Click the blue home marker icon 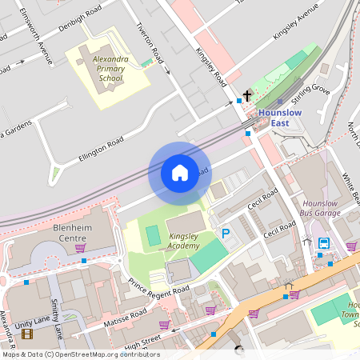180,173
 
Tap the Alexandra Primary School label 107,69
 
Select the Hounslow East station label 281,117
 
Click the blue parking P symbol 226,234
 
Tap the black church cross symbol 247,96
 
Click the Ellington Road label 102,146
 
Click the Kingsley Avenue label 296,26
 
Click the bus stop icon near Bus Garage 323,243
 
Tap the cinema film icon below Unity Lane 28,334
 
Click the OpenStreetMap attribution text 81,354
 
